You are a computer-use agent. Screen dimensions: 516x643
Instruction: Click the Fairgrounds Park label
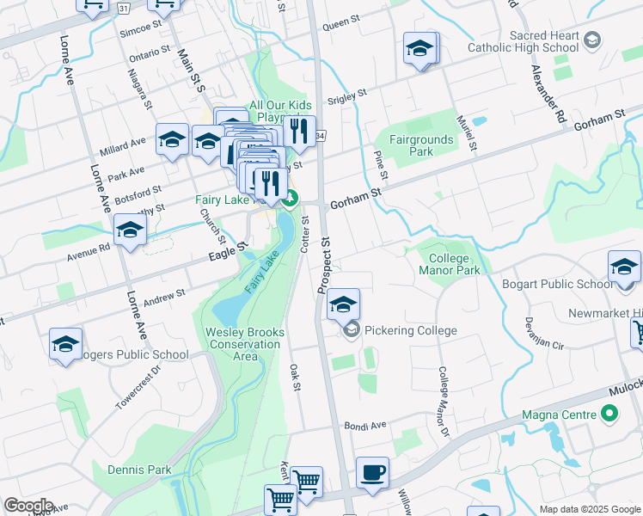pyautogui.click(x=420, y=144)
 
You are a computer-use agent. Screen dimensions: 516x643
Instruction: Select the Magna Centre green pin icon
pyautogui.click(x=610, y=415)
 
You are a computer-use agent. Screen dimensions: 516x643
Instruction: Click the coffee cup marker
pyautogui.click(x=372, y=473)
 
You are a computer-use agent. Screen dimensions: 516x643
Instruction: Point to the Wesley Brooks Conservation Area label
pyautogui.click(x=243, y=344)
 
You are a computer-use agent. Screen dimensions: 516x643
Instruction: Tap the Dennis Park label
pyautogui.click(x=139, y=470)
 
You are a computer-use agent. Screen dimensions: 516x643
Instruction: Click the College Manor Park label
pyautogui.click(x=449, y=264)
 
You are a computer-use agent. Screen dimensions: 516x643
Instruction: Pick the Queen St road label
pyautogui.click(x=340, y=26)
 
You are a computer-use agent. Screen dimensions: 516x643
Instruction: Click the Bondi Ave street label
pyautogui.click(x=365, y=426)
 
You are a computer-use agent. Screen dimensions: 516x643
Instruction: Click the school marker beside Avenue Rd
pyautogui.click(x=130, y=230)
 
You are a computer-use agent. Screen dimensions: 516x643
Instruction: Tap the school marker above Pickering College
pyautogui.click(x=343, y=304)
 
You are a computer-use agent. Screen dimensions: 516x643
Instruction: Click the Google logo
pyautogui.click(x=28, y=506)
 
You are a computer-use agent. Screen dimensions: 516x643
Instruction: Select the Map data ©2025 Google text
pyautogui.click(x=591, y=509)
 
